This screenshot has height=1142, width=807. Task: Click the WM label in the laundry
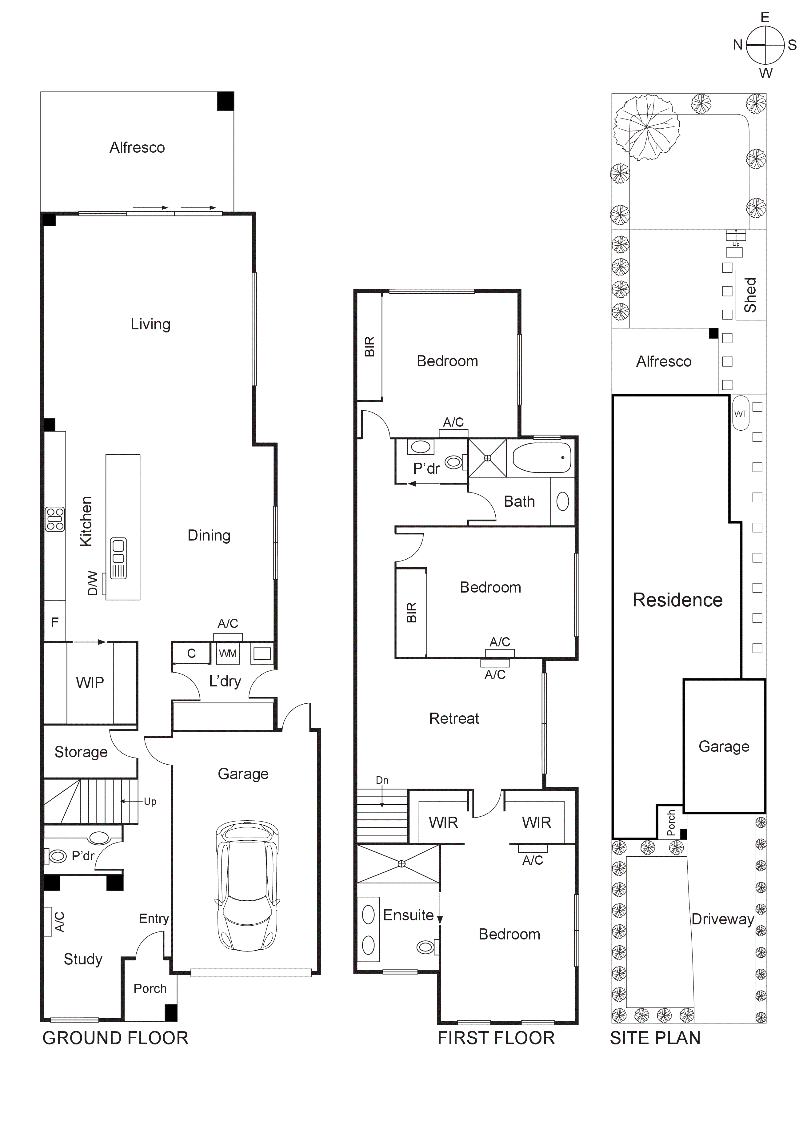[x=228, y=653]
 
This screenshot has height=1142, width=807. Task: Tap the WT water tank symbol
[x=740, y=413]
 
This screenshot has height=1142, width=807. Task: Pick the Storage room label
[x=81, y=752]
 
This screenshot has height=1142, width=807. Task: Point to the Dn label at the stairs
[x=382, y=780]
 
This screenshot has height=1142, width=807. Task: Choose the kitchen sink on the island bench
[x=118, y=558]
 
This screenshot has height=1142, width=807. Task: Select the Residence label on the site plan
[x=677, y=600]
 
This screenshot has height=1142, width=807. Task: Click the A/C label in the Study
[x=59, y=922]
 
